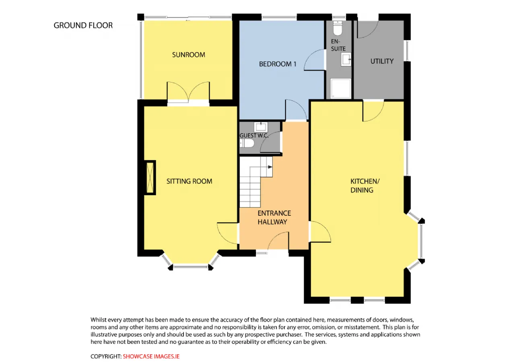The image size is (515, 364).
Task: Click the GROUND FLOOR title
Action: click(83, 25)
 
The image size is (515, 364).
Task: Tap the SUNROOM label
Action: click(189, 55)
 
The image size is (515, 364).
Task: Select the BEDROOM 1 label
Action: click(278, 64)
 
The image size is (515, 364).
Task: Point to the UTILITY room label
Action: click(382, 61)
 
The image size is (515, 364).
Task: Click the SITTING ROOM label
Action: click(189, 181)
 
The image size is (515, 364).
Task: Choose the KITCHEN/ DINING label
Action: click(365, 186)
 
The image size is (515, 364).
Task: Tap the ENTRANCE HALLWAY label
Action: click(274, 217)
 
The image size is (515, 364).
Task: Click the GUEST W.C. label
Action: click(254, 136)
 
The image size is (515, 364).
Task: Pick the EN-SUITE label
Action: click(338, 45)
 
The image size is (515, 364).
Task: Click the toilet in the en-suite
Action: click(338, 28)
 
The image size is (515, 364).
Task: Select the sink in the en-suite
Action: click(346, 59)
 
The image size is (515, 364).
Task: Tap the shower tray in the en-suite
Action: click(341, 89)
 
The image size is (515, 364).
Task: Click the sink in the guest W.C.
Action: click(261, 127)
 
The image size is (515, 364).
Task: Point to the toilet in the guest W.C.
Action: click(247, 143)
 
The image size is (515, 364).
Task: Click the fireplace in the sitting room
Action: click(150, 178)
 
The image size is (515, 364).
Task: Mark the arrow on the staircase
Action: click(270, 167)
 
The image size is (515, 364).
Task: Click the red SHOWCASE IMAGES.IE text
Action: click(151, 356)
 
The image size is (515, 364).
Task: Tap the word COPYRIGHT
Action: click(106, 356)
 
